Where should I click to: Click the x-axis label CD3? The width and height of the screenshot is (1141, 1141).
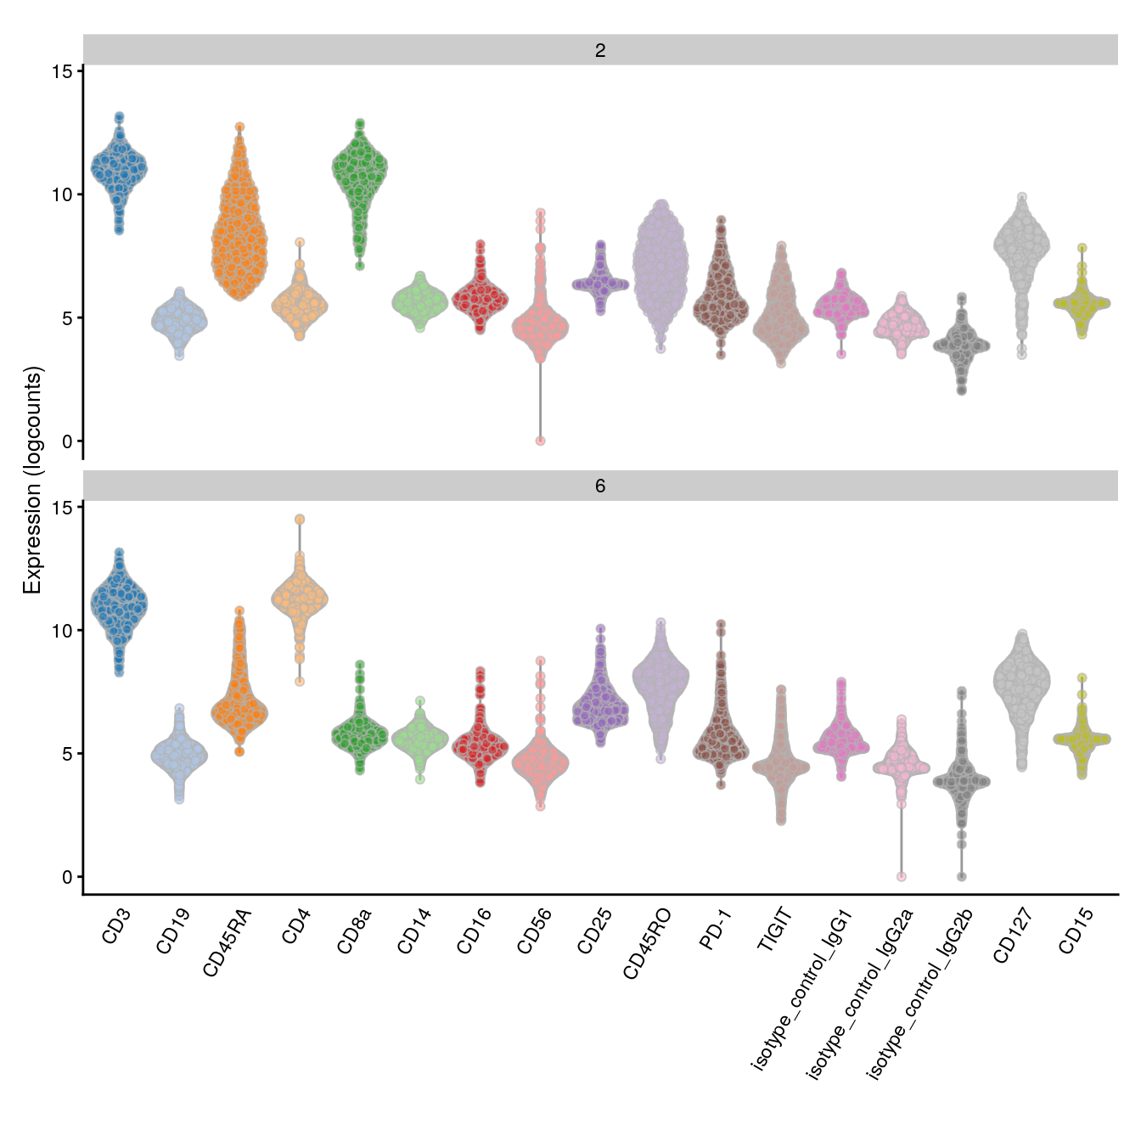116,926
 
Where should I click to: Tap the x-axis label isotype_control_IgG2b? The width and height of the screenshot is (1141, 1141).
919,994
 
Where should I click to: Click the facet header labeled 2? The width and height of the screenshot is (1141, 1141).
600,50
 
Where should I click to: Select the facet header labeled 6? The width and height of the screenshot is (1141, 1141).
600,486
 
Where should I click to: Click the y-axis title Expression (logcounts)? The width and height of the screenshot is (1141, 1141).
32,480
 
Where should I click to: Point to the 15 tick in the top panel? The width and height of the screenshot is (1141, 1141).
62,71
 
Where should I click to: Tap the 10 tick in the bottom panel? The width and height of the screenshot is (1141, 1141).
62,631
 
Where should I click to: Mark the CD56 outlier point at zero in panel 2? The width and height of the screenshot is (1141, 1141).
540,441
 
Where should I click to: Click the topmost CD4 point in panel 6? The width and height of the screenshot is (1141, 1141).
300,520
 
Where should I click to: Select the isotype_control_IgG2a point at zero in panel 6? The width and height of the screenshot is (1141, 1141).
902,876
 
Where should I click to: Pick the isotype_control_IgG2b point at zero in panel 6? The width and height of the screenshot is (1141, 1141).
961,876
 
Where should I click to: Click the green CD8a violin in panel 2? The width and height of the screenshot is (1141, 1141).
360,170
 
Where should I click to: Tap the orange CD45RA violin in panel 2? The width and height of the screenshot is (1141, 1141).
239,229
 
